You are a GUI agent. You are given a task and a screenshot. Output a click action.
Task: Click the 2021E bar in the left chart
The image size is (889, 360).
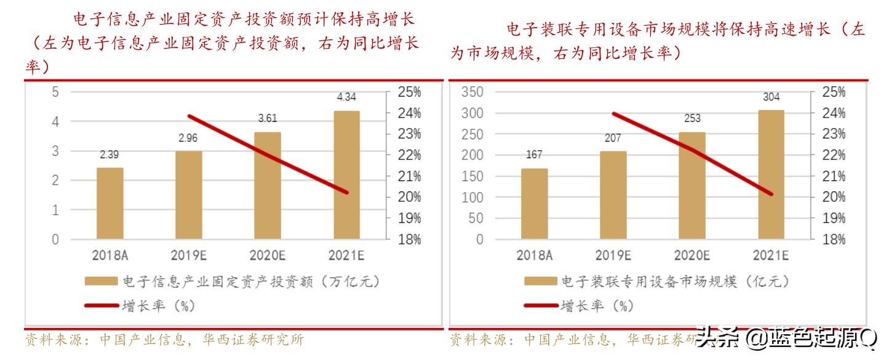click(346, 175)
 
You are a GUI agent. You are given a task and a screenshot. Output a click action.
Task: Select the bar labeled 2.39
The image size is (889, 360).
click(110, 203)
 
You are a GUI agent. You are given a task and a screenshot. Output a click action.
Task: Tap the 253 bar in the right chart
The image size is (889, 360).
click(692, 185)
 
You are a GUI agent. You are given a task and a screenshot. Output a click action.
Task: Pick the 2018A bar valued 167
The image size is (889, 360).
click(535, 204)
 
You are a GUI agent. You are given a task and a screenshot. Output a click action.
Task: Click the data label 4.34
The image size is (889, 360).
click(346, 97)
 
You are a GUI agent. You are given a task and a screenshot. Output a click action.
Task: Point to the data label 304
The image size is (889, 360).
click(771, 97)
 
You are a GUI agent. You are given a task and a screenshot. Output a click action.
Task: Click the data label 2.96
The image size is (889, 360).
click(188, 138)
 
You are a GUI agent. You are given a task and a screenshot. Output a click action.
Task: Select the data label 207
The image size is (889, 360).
click(613, 138)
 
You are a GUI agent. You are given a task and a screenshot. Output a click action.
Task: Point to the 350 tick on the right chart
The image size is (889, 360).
click(472, 92)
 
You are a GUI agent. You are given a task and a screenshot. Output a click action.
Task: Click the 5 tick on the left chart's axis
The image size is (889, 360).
click(55, 92)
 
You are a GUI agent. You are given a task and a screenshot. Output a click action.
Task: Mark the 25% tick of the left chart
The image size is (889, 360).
click(409, 92)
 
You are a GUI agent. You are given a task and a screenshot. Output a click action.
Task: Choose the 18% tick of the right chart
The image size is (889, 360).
click(833, 239)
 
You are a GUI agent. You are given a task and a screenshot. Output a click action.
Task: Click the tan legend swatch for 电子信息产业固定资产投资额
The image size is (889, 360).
click(101, 281)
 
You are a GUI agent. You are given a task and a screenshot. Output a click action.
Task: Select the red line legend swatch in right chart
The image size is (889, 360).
click(541, 305)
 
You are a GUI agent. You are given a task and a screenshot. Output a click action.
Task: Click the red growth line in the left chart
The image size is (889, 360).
click(267, 154)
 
